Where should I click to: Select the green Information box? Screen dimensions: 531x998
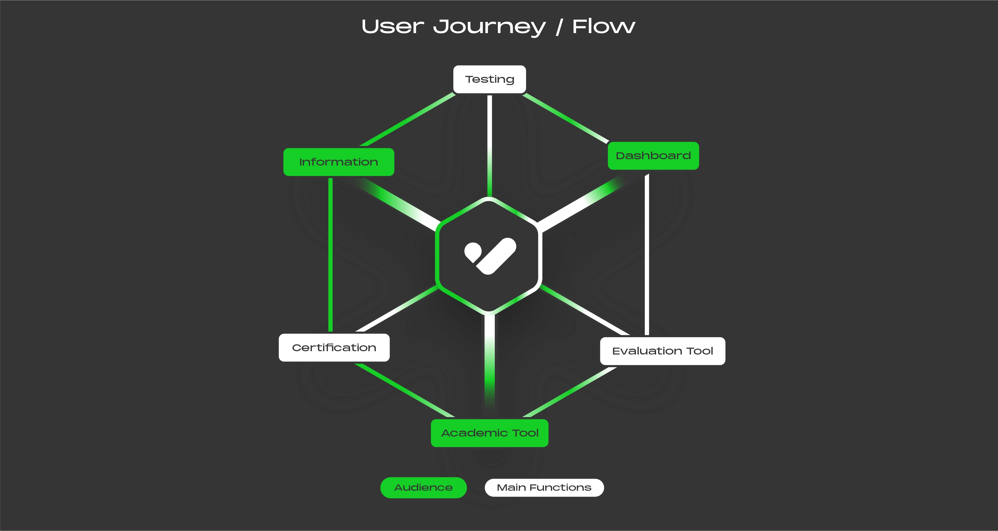click(x=339, y=162)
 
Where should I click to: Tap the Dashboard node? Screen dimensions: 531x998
click(x=653, y=156)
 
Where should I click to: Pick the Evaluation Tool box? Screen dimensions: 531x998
click(x=662, y=351)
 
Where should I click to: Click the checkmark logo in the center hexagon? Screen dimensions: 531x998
click(x=490, y=256)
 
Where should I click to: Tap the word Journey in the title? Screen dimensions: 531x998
click(x=489, y=27)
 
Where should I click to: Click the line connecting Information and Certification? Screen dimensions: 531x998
click(x=330, y=256)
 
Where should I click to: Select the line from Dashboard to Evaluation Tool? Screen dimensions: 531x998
click(x=647, y=256)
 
